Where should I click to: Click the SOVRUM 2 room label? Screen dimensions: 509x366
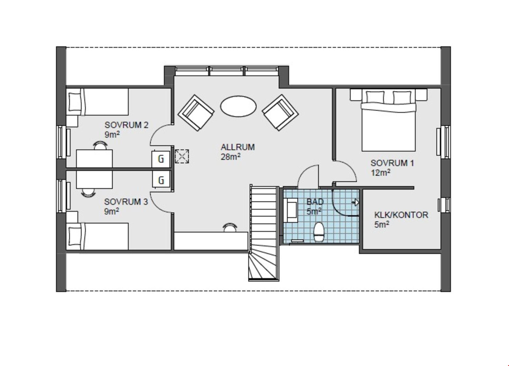coord(126,125)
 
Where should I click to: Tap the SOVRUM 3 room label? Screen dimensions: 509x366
coord(126,202)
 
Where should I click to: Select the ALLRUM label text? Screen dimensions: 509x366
coord(238,147)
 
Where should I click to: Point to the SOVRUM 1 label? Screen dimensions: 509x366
coord(392,163)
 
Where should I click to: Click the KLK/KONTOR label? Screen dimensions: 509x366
coord(401,215)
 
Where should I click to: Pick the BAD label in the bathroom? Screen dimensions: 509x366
coord(315,202)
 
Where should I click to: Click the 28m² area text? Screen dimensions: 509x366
coord(231,157)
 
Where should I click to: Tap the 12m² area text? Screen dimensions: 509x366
coord(380,173)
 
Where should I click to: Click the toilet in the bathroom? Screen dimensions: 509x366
coord(318,232)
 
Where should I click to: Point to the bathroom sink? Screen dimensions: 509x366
coord(291,210)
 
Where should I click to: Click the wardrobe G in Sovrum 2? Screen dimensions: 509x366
coord(161,159)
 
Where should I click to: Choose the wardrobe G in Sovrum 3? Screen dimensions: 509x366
coord(161,180)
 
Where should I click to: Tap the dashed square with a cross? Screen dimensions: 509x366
coord(182,156)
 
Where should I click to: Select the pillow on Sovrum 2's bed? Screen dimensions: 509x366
coord(74,102)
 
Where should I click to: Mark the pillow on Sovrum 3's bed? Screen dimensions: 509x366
coord(74,236)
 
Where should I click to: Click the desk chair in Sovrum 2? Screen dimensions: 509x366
coord(100,145)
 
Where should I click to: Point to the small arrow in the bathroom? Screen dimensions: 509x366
coord(355,203)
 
